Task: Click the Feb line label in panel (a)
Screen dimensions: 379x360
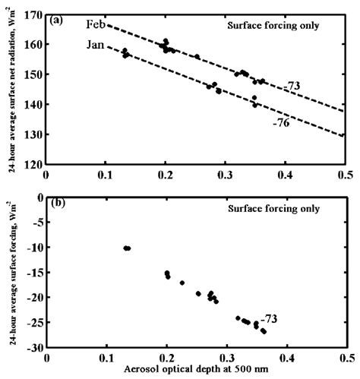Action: pyautogui.click(x=94, y=25)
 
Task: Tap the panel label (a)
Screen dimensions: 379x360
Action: pyautogui.click(x=57, y=21)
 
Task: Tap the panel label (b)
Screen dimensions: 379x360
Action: pyautogui.click(x=57, y=204)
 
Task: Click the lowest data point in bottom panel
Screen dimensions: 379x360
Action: pyautogui.click(x=264, y=332)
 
